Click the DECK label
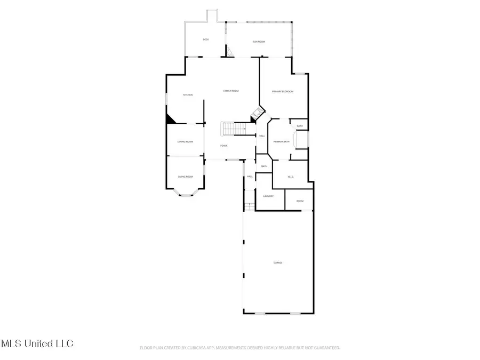(x=206, y=40)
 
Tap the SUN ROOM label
(x=259, y=42)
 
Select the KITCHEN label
(x=188, y=95)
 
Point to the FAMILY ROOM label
(x=230, y=91)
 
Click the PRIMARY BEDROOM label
(x=283, y=92)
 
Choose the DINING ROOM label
(x=185, y=141)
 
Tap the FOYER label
(x=224, y=146)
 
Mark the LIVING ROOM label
(x=185, y=177)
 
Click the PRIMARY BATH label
(x=281, y=141)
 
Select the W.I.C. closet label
(x=291, y=177)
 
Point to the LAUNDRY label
(x=268, y=196)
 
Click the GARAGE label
(x=278, y=262)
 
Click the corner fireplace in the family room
(x=258, y=114)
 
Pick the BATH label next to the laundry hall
(x=264, y=166)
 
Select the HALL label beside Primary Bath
(x=262, y=136)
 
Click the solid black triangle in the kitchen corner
(x=171, y=119)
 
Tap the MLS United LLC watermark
(x=37, y=343)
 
